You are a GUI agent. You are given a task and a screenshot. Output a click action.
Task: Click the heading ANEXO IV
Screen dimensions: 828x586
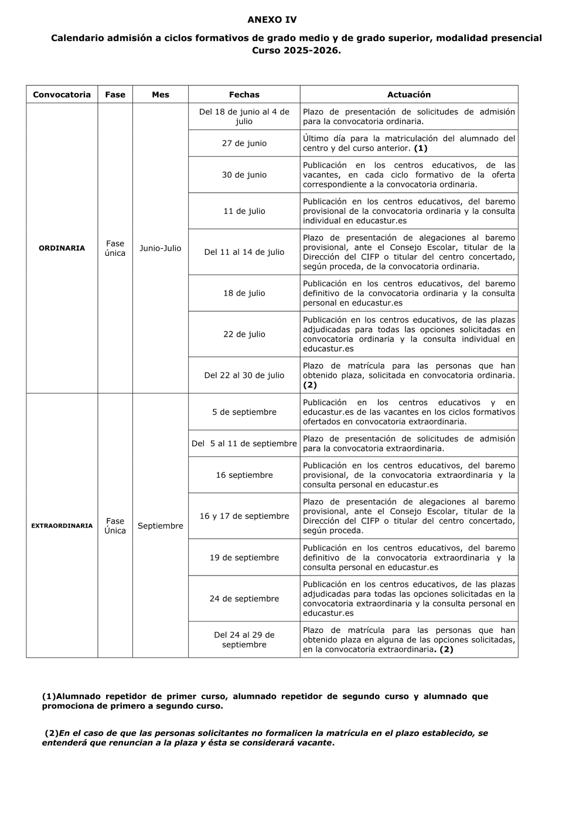click(272, 20)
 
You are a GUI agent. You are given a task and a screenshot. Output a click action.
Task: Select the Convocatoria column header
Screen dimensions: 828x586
click(62, 94)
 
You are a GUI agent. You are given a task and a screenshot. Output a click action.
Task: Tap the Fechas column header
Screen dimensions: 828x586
click(244, 94)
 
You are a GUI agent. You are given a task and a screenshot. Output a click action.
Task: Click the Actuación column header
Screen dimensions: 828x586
click(408, 94)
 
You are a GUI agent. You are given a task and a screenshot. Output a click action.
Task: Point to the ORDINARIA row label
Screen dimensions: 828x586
click(62, 248)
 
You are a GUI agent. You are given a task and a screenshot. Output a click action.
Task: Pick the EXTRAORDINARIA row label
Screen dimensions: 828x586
click(62, 526)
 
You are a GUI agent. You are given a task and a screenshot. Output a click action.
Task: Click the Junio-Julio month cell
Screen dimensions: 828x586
click(160, 248)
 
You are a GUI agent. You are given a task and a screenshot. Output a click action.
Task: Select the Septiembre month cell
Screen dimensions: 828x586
click(160, 526)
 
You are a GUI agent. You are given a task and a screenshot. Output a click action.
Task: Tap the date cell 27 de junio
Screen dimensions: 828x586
click(244, 143)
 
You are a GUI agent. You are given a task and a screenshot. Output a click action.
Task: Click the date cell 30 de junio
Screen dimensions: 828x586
click(244, 175)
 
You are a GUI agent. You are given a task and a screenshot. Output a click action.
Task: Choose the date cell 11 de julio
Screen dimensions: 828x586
click(244, 211)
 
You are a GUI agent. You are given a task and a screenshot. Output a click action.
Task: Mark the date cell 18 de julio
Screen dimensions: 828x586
click(244, 293)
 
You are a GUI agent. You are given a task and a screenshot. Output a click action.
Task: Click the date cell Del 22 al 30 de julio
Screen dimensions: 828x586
click(244, 375)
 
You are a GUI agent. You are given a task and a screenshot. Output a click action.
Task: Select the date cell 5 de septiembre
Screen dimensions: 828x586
click(244, 412)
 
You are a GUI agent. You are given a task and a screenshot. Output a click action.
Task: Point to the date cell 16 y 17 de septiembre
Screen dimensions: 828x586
click(244, 516)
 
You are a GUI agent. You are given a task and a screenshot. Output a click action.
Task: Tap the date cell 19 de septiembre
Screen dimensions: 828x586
click(244, 557)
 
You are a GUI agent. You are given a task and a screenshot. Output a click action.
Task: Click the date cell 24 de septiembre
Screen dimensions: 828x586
click(244, 598)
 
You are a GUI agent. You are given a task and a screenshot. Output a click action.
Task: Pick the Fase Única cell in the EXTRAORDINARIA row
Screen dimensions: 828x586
click(115, 526)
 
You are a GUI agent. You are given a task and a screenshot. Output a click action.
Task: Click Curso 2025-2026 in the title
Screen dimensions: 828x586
click(296, 50)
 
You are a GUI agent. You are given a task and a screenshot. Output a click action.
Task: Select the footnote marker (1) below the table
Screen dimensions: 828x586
click(49, 696)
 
